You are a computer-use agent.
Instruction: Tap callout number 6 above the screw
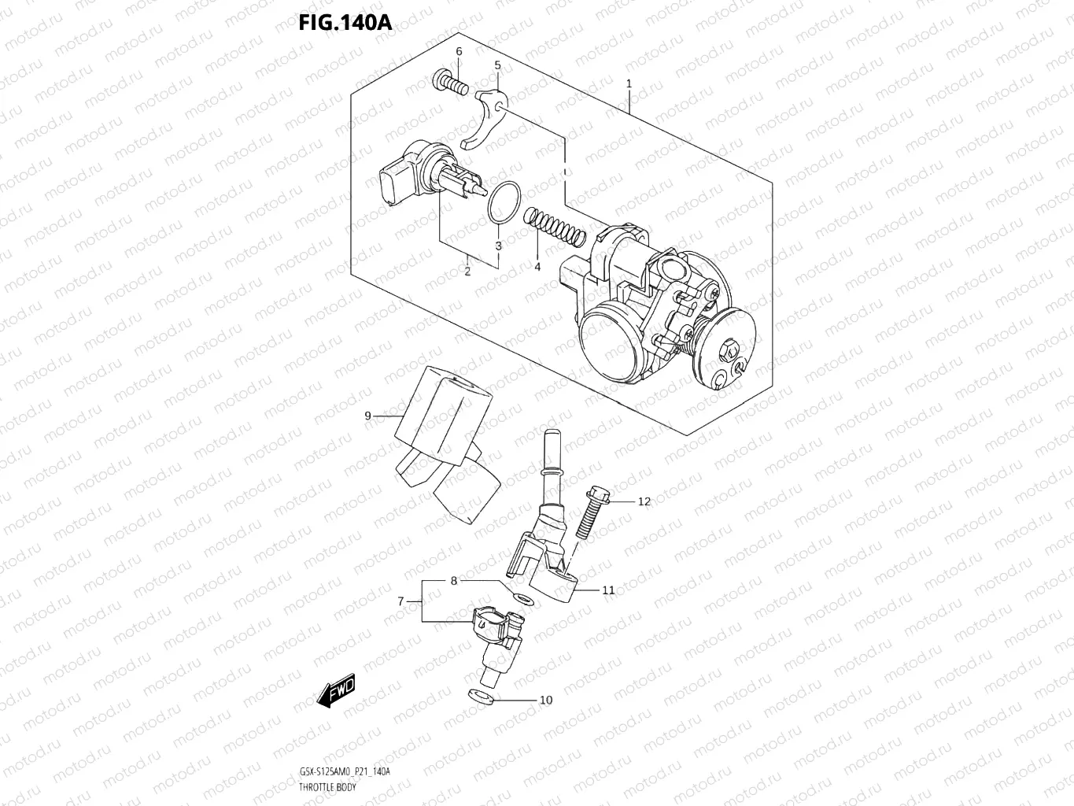(459, 52)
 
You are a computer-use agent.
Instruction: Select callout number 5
(497, 65)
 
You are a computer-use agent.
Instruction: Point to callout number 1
(629, 83)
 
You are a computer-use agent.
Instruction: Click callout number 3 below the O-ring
(498, 246)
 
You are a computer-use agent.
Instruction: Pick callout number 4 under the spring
(537, 267)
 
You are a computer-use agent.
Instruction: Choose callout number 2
(467, 272)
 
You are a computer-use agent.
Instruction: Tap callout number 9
(367, 416)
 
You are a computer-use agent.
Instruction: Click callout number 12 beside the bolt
(644, 501)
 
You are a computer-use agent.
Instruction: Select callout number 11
(608, 590)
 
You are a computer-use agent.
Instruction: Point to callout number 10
(545, 700)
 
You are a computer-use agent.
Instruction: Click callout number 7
(400, 601)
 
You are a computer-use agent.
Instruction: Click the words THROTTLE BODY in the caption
(327, 788)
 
